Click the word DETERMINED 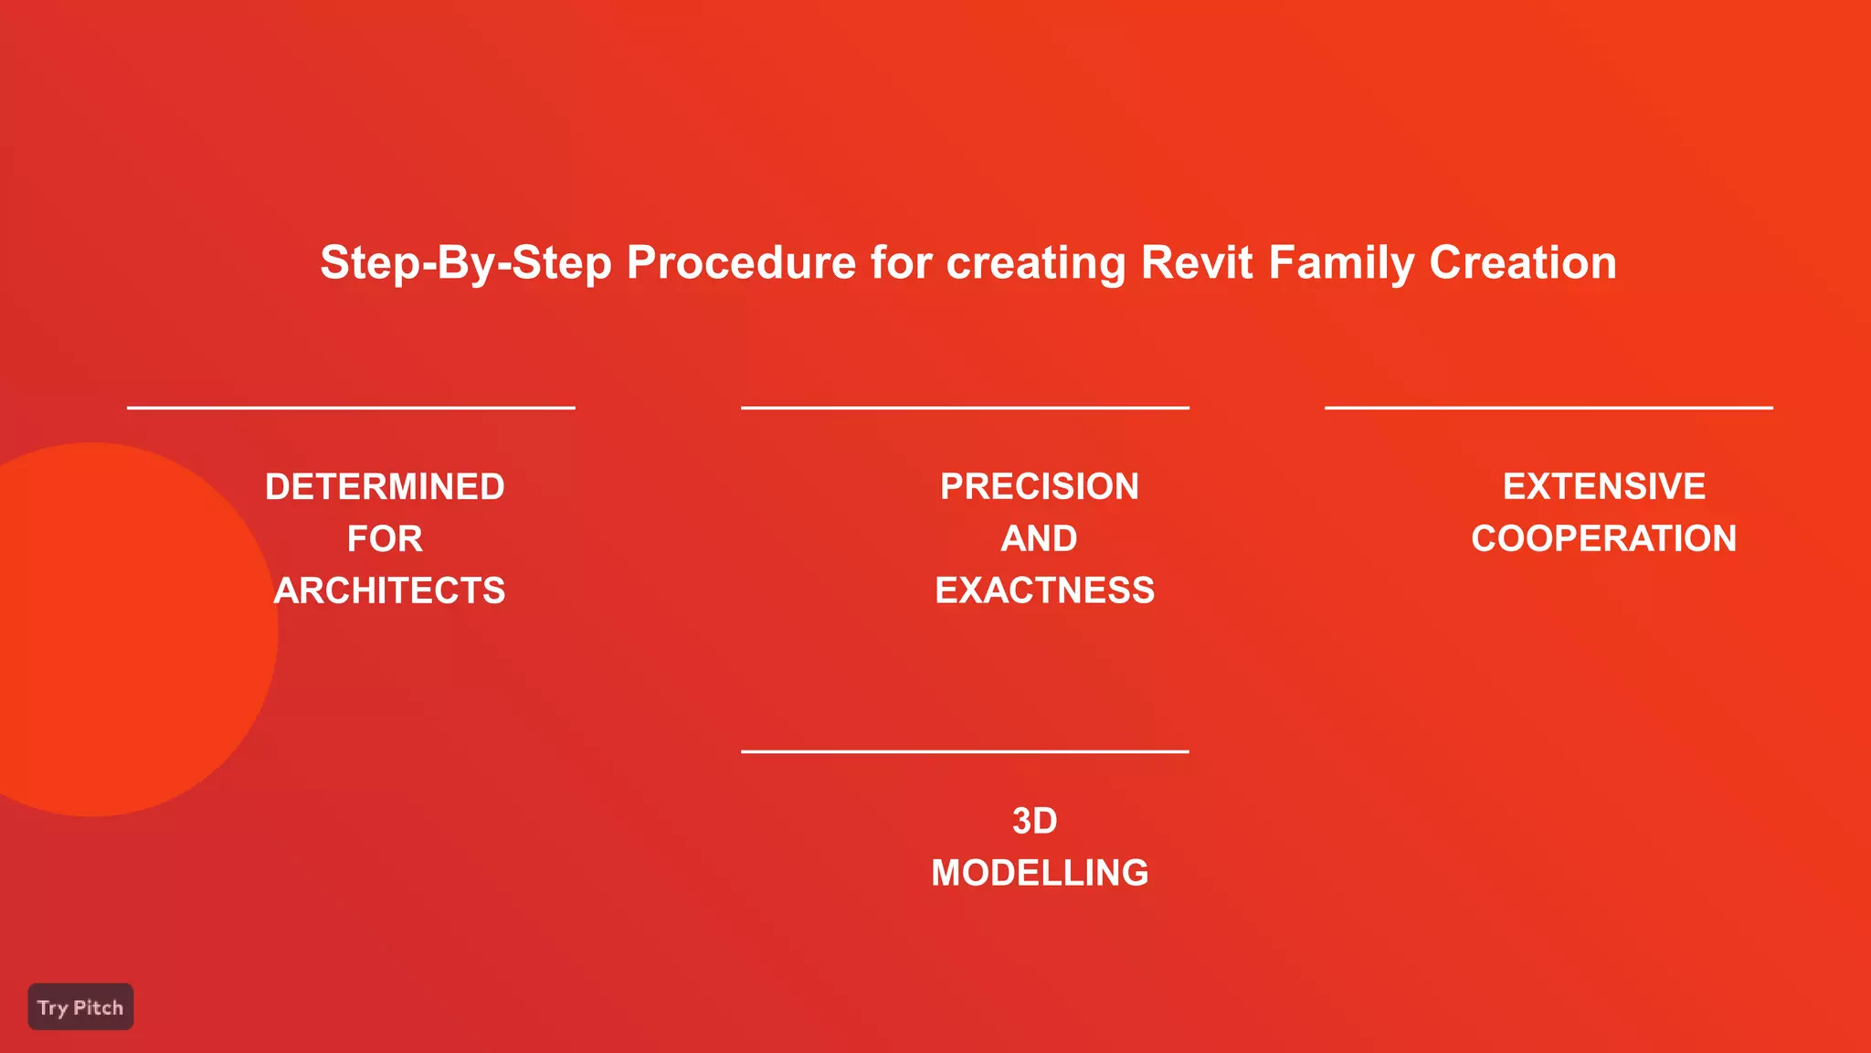pyautogui.click(x=385, y=487)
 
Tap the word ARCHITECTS pyautogui.click(x=389, y=591)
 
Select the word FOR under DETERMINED pyautogui.click(x=385, y=539)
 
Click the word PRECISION pyautogui.click(x=1040, y=487)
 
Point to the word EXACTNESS pyautogui.click(x=1044, y=591)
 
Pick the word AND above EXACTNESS pyautogui.click(x=1039, y=539)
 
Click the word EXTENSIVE pyautogui.click(x=1603, y=487)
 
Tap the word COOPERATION pyautogui.click(x=1603, y=539)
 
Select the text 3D pyautogui.click(x=1034, y=821)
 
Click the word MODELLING pyautogui.click(x=1040, y=873)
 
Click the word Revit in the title pyautogui.click(x=1197, y=263)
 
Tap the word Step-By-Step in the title pyautogui.click(x=465, y=263)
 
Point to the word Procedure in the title pyautogui.click(x=741, y=263)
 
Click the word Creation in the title pyautogui.click(x=1523, y=263)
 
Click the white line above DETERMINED pyautogui.click(x=351, y=408)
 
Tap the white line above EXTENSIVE pyautogui.click(x=1549, y=408)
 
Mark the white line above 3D pyautogui.click(x=965, y=751)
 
